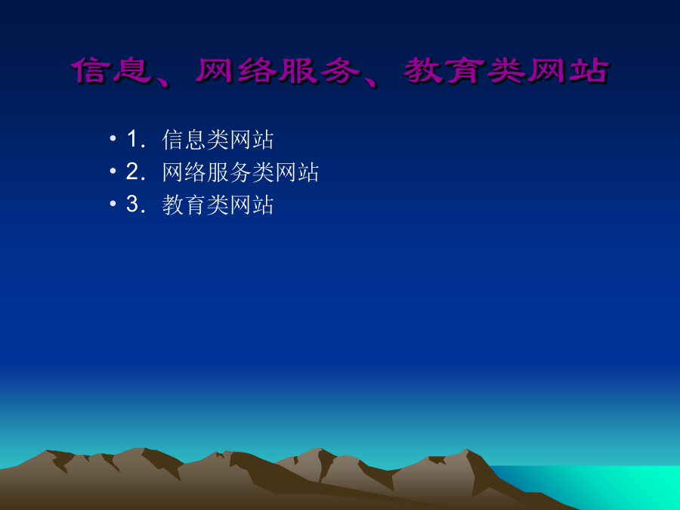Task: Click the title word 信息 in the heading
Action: click(112, 70)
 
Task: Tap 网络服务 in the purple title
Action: click(277, 70)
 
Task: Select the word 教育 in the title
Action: click(444, 70)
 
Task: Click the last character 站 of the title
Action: click(589, 70)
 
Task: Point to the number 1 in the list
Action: click(132, 139)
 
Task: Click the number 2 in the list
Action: click(132, 172)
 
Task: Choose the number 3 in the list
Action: click(132, 204)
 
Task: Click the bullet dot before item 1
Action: click(113, 138)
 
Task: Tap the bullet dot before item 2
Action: click(113, 171)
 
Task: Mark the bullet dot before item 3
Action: click(113, 203)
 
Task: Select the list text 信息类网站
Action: click(218, 140)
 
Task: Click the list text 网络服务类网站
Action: click(240, 172)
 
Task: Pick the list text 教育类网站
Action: click(218, 205)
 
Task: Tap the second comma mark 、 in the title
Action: click(369, 81)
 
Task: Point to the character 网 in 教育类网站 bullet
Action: click(240, 205)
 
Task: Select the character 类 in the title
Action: click(506, 70)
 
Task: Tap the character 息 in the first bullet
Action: click(195, 140)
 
